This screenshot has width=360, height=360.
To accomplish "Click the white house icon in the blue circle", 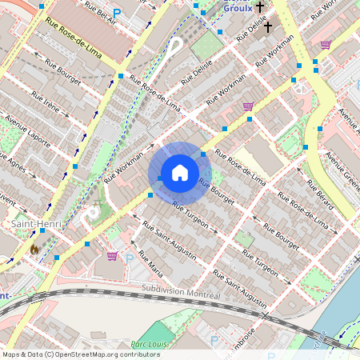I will (180, 173).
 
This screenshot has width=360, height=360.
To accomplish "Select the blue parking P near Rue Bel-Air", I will (118, 14).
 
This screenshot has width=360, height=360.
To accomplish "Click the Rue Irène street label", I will (46, 104).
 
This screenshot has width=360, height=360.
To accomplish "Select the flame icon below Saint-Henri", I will (34, 250).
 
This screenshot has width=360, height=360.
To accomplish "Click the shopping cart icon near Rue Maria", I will (112, 256).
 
